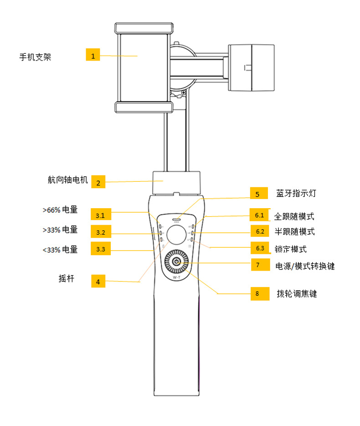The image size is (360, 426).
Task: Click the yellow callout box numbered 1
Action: (93, 56)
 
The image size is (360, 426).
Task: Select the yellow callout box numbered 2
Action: (98, 183)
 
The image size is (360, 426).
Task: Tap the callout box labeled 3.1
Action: (101, 215)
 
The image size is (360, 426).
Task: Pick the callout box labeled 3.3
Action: (101, 249)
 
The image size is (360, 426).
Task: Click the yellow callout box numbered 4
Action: (98, 281)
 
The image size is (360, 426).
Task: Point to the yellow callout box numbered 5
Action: (257, 194)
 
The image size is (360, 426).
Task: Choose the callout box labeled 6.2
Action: (260, 231)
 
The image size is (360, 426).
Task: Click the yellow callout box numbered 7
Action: (257, 265)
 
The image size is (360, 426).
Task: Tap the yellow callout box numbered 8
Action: (257, 293)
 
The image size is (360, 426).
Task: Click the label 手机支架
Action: (35, 57)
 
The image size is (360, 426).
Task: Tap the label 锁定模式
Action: (290, 249)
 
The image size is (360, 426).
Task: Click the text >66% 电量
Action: (60, 210)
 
